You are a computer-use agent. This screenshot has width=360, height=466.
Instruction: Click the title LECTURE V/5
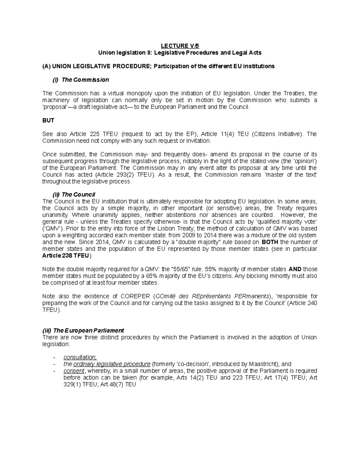pyautogui.click(x=180, y=46)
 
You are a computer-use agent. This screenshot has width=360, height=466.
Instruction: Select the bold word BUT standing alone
pyautogui.click(x=48, y=120)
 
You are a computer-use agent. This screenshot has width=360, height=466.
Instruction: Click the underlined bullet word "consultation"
pyautogui.click(x=80, y=357)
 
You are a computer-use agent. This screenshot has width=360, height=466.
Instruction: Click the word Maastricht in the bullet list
pyautogui.click(x=263, y=364)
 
